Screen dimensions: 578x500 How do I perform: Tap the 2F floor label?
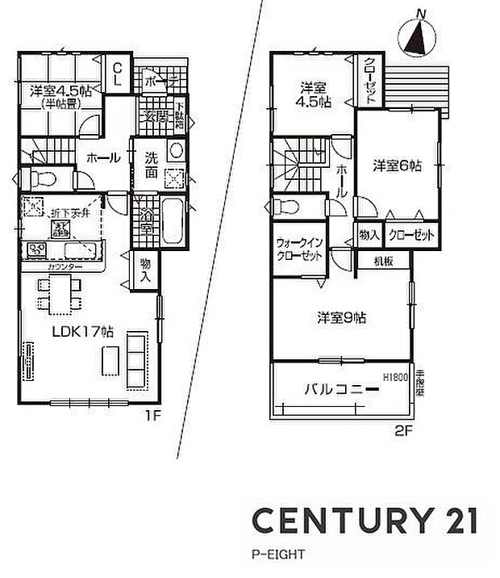tap(403, 431)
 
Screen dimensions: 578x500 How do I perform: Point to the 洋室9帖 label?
tap(341, 317)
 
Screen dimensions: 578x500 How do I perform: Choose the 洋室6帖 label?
tap(397, 165)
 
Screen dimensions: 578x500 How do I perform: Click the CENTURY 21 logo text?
tap(365, 521)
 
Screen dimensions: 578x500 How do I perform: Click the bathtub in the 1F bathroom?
tap(173, 221)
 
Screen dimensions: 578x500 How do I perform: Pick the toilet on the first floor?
tap(39, 178)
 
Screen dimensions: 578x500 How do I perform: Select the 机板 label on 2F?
tap(383, 260)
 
